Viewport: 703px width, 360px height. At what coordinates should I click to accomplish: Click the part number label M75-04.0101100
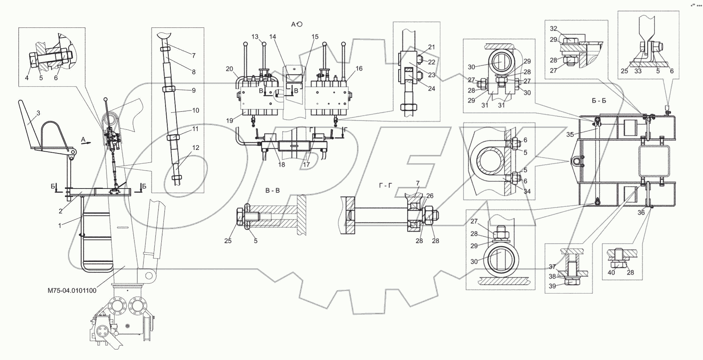pos(72,290)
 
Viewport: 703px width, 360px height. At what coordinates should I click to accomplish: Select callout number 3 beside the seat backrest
pos(38,113)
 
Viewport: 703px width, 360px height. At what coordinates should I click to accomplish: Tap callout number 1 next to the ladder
pos(60,226)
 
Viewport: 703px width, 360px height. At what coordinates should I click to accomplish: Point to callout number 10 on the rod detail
pos(195,111)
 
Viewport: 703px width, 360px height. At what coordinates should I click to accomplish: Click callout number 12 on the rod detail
pos(195,148)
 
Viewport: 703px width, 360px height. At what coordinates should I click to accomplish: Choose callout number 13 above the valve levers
pos(255,37)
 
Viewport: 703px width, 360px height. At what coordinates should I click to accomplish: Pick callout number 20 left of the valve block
pos(229,69)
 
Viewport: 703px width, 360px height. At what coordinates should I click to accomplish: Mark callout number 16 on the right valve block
pos(359,69)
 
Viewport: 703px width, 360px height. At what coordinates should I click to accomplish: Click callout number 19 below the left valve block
pos(229,121)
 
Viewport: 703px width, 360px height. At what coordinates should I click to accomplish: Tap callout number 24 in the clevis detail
pos(431,89)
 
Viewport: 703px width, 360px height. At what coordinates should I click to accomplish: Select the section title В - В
pos(272,191)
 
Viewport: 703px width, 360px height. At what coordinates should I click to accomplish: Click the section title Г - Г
pos(385,185)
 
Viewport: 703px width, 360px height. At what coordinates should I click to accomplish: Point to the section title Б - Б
pos(599,101)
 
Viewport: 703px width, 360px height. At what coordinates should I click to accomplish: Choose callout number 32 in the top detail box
pos(553,29)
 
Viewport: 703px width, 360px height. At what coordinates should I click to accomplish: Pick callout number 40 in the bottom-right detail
pos(611,273)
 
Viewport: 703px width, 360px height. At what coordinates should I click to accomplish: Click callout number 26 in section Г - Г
pos(430,196)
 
